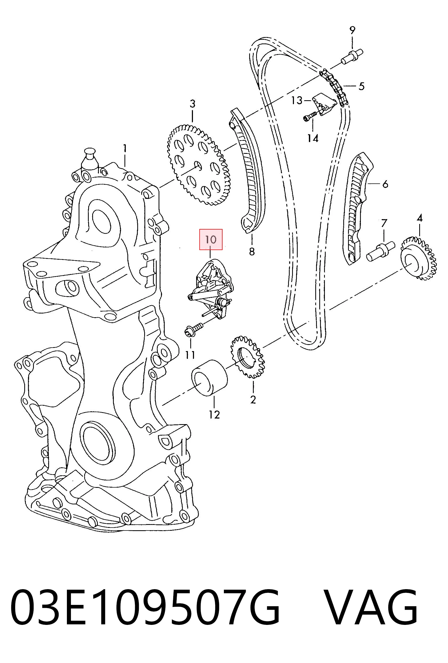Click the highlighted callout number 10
(211, 239)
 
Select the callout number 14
(313, 138)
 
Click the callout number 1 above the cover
(125, 148)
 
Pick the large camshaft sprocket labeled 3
(199, 165)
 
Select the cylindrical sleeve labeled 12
(209, 378)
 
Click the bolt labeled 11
(194, 329)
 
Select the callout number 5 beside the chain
(361, 86)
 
